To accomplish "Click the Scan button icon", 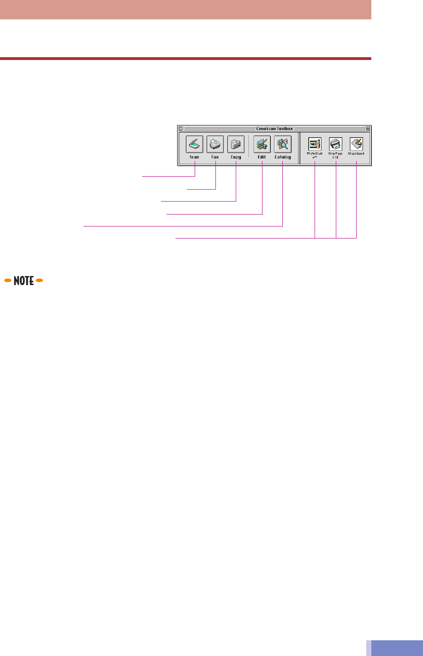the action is (194, 144).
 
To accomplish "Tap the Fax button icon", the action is (215, 144).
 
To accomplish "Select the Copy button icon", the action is (236, 144).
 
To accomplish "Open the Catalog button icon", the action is (282, 144).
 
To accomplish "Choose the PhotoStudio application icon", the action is (315, 143).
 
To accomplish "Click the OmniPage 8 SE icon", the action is (335, 143).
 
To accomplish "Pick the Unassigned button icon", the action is (356, 143).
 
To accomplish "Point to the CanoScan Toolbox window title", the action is (274, 129).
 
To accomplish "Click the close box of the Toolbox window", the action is (181, 129).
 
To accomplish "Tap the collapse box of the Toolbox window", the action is (368, 129).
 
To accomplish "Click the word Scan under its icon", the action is (194, 157).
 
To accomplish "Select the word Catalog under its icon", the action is (283, 157).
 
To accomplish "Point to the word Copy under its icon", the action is (236, 157).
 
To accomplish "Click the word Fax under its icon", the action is (215, 157).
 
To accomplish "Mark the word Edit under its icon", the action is (262, 157).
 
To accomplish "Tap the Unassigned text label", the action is (356, 153).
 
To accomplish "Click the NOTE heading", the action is (24, 280).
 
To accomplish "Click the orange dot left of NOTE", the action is (7, 280).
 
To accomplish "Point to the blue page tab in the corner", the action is (394, 648).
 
